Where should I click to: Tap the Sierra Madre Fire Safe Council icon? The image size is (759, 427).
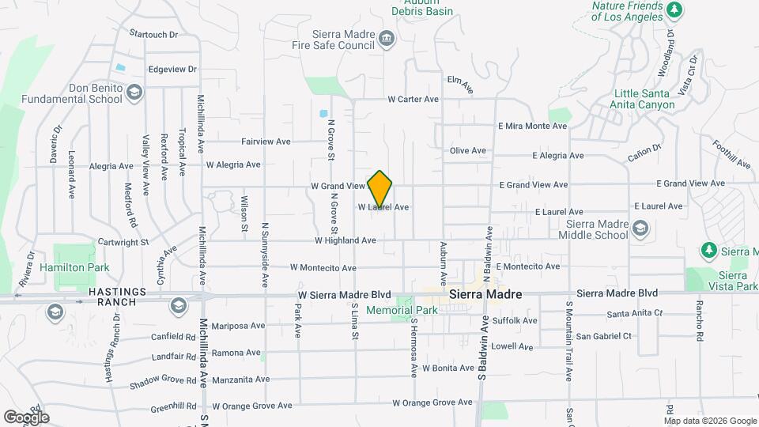point(386,38)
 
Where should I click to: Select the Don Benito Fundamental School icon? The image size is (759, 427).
point(134,93)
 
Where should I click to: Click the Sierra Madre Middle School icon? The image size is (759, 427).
point(640,229)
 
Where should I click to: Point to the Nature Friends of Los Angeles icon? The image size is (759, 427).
point(674,10)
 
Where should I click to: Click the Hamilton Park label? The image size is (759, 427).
point(81,268)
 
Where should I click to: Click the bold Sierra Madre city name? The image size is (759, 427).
point(485,294)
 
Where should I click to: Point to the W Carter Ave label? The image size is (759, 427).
point(413,100)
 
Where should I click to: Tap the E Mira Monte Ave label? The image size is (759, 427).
point(532,126)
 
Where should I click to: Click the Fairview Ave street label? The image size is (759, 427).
point(266,142)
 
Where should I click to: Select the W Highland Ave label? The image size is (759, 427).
point(345,240)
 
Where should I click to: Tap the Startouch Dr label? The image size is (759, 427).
point(153,35)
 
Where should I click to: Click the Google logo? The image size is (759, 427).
point(26,417)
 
